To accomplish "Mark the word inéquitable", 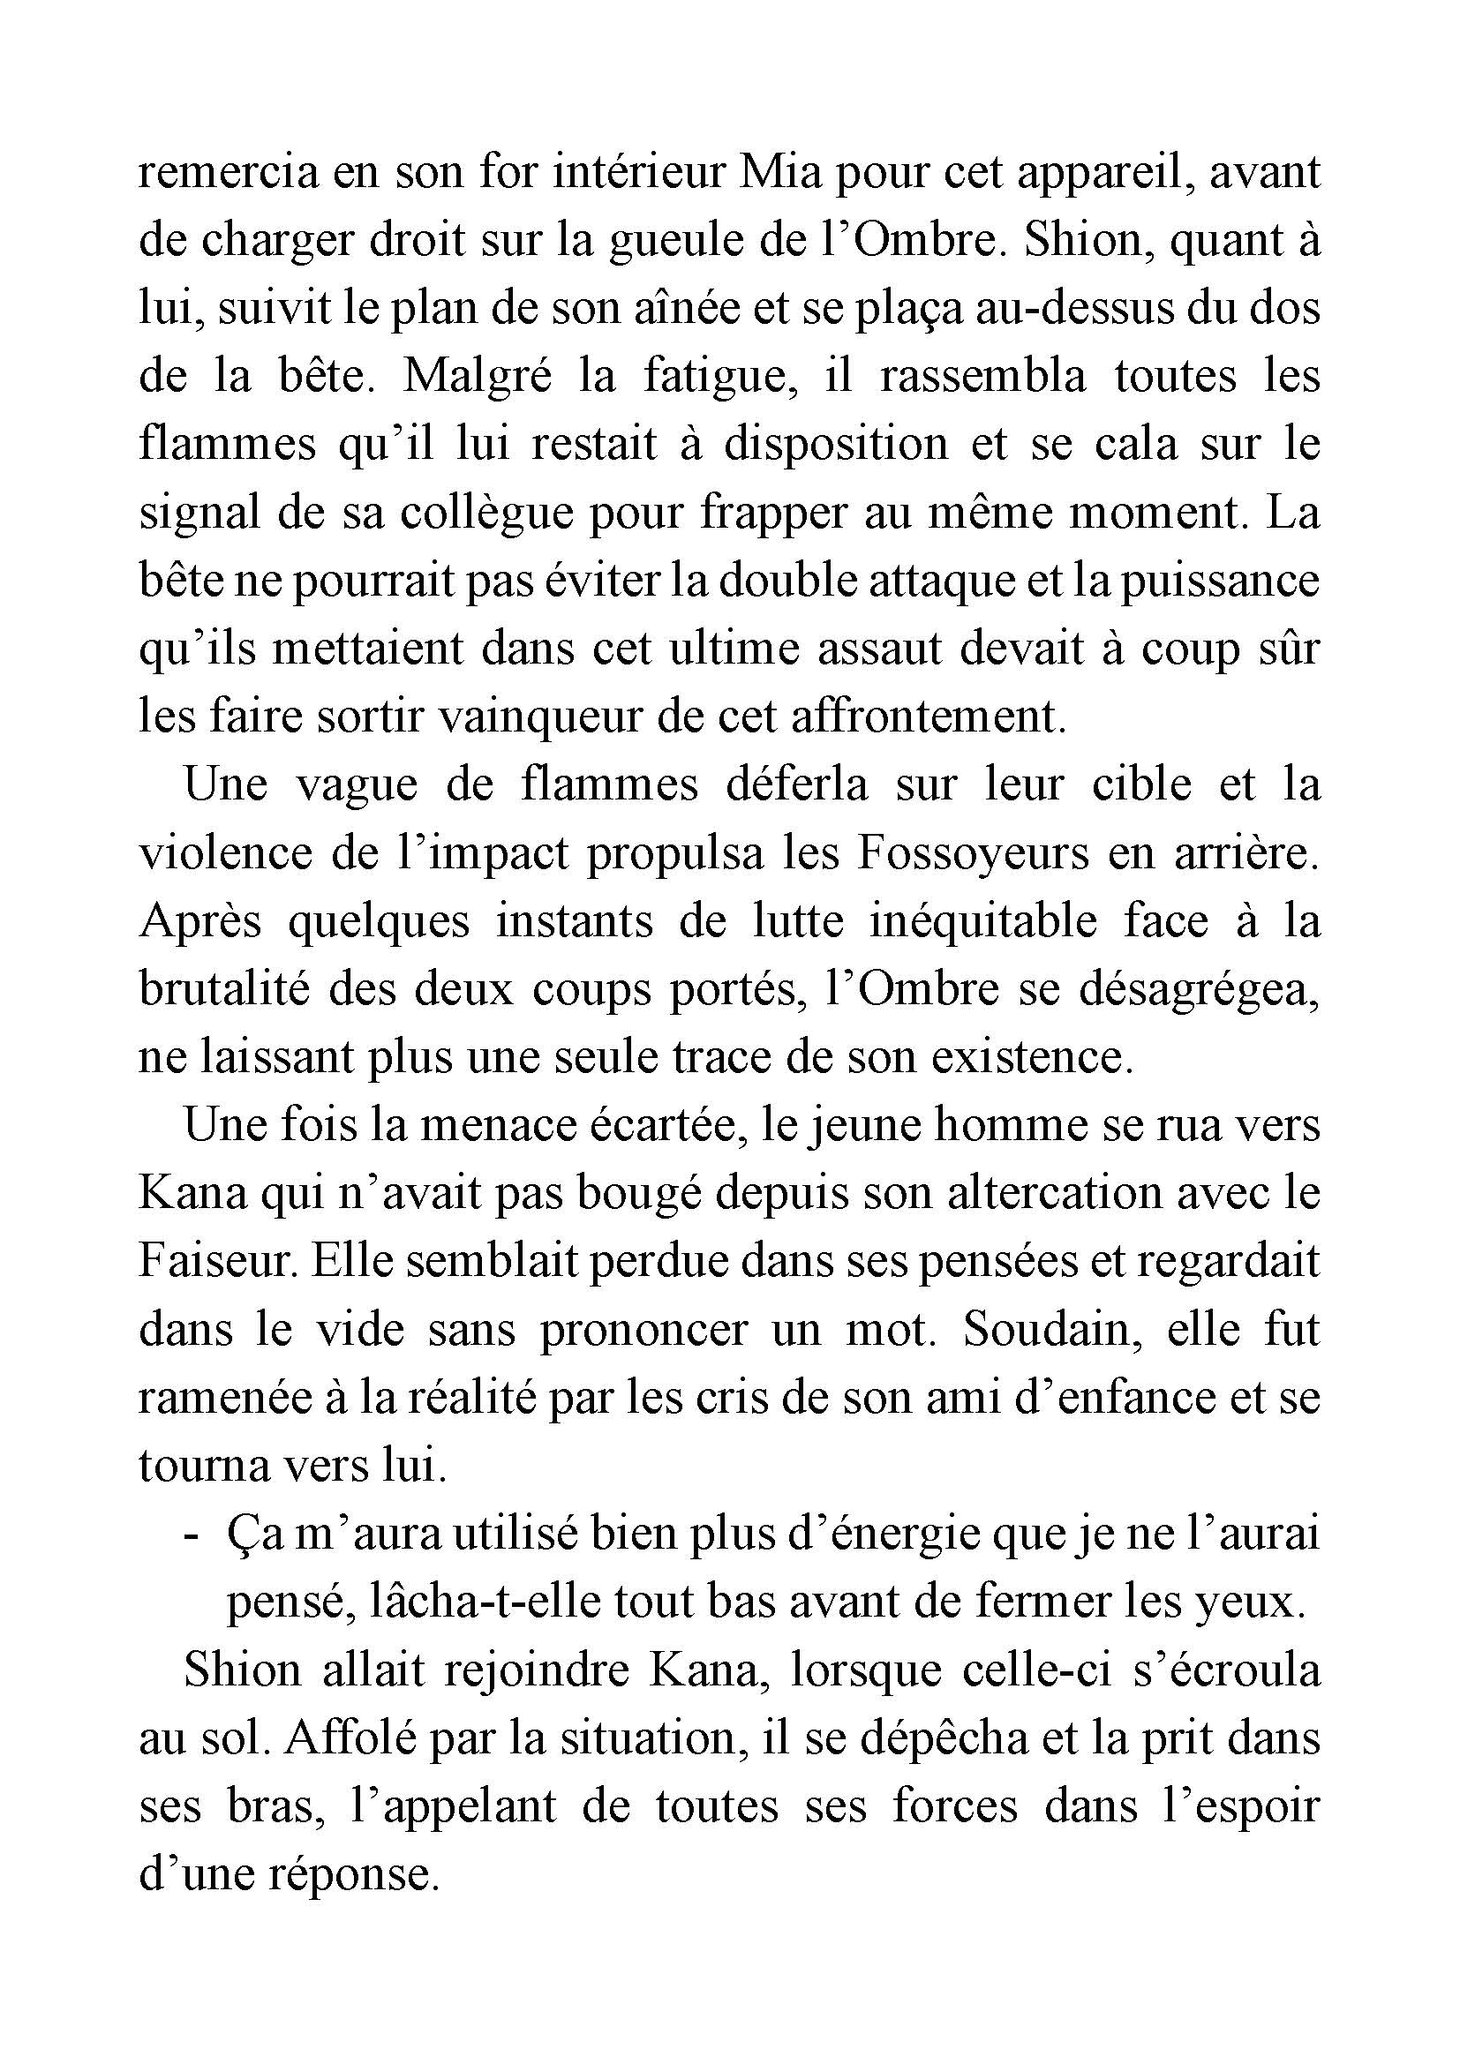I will click(x=982, y=922).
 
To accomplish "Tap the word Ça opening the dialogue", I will click(x=251, y=1535).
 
